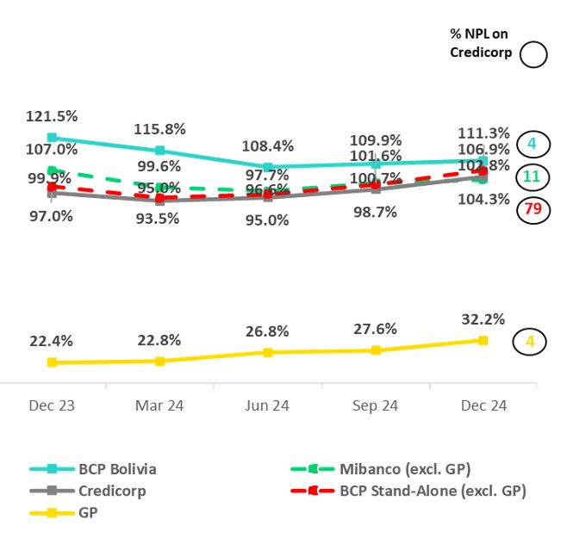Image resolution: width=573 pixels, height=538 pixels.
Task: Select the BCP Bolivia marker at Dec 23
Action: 52,137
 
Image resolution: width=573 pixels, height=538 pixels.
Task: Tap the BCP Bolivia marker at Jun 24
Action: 268,167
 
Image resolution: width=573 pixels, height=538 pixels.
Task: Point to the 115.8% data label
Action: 159,129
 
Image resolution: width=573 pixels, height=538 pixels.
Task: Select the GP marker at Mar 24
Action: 159,361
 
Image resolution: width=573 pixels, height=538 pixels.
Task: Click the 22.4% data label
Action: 52,341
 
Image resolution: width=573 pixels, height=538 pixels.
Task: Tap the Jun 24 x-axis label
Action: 268,405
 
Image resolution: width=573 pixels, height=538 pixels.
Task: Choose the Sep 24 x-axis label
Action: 376,405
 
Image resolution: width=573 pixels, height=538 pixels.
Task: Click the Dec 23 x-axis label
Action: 52,405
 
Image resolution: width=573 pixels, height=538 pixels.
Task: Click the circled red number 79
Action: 532,209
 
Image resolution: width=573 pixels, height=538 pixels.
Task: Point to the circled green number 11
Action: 532,176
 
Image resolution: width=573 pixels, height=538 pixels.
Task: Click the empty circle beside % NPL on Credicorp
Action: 533,55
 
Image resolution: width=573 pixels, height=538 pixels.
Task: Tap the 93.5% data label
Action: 158,219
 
